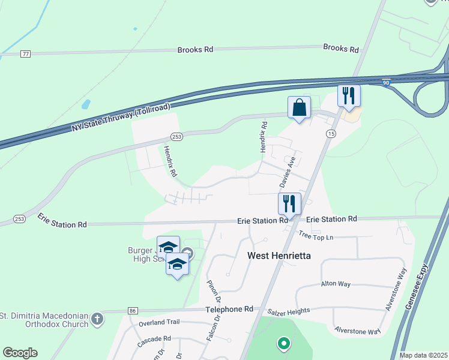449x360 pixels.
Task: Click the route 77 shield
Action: [x=25, y=54]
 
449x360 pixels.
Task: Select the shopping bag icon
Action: [x=299, y=108]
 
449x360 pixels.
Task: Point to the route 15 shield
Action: [x=331, y=133]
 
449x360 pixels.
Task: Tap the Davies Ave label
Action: [x=289, y=171]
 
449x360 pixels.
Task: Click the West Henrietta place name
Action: [x=279, y=256]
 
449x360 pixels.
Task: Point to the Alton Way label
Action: [x=335, y=284]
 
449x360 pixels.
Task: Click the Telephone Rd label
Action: [x=229, y=309]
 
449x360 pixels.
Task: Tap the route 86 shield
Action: [x=133, y=311]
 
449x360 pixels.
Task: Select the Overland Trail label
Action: [x=159, y=322]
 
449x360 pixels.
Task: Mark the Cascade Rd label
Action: [x=154, y=338]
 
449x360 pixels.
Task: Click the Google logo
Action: [x=20, y=353]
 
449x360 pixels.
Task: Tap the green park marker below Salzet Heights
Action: [x=283, y=344]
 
